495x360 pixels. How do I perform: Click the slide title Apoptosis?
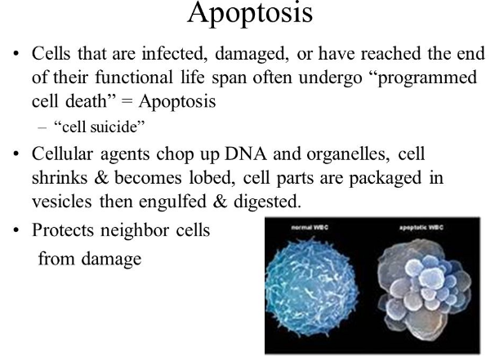(250, 14)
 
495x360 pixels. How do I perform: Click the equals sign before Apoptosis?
(127, 102)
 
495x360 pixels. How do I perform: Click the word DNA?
(245, 154)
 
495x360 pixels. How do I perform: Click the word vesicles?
(62, 202)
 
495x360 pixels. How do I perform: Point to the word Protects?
(63, 230)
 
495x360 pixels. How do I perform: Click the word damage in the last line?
(111, 260)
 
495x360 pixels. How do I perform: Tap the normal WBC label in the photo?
(310, 227)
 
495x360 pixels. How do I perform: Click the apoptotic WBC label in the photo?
(421, 228)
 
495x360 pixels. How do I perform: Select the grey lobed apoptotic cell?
(425, 289)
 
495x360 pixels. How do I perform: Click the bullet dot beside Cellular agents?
(16, 153)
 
